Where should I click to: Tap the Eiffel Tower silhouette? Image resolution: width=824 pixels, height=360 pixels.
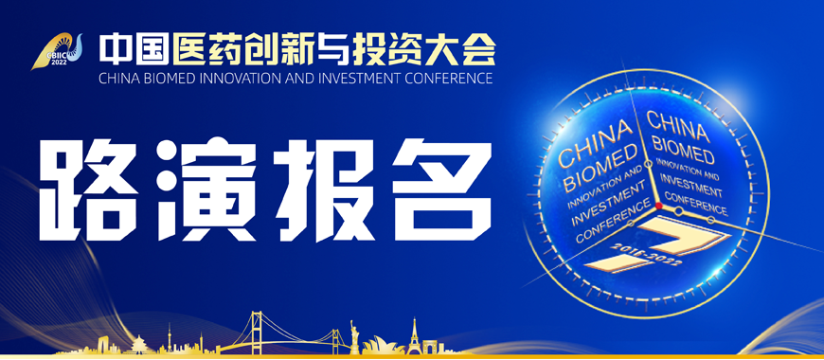pyautogui.click(x=414, y=333)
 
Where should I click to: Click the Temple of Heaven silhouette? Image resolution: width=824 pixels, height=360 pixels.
pyautogui.click(x=140, y=341)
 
